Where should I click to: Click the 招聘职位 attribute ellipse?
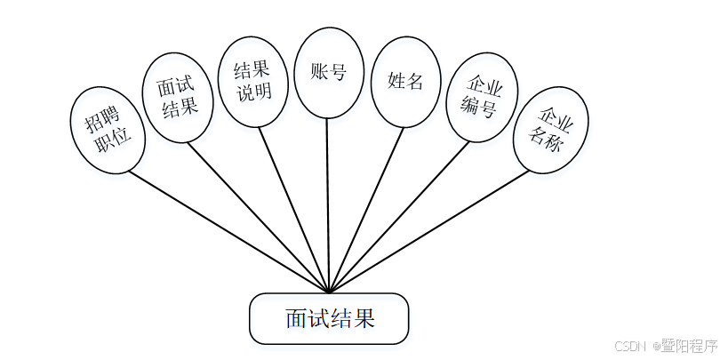(x=108, y=129)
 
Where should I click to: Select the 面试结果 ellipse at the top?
(x=177, y=98)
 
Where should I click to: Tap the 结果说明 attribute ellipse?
(x=252, y=82)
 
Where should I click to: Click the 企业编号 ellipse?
(x=482, y=99)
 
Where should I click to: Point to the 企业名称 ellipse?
(x=549, y=129)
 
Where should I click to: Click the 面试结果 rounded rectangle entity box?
(x=329, y=318)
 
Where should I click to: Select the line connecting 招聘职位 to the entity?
(x=231, y=230)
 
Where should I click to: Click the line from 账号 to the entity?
(x=328, y=204)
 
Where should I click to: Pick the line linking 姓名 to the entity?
(x=363, y=213)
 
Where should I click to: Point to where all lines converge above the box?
(x=329, y=291)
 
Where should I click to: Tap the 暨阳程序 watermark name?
(x=688, y=346)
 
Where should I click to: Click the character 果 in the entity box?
(x=363, y=318)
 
